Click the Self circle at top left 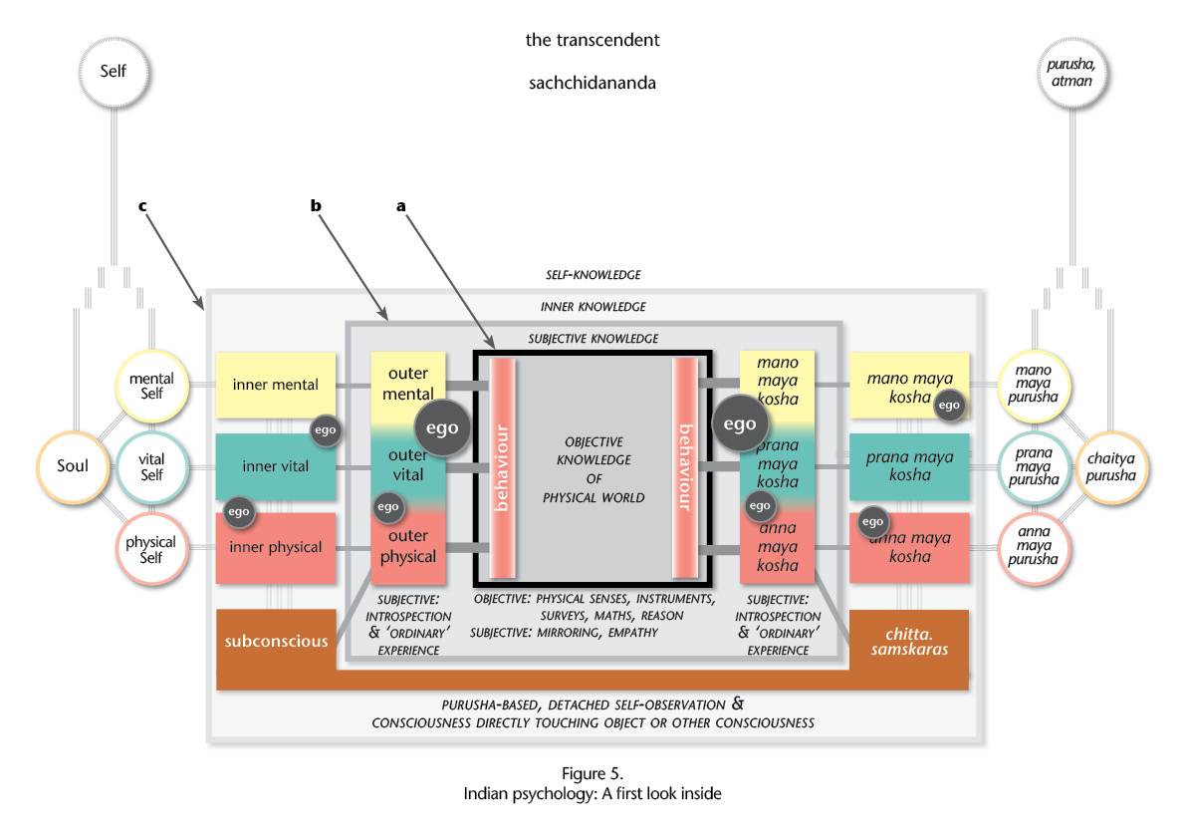pyautogui.click(x=114, y=72)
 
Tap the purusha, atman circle pyautogui.click(x=1071, y=73)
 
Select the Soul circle pyautogui.click(x=73, y=466)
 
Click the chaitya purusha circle pyautogui.click(x=1111, y=467)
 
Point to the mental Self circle pyautogui.click(x=151, y=386)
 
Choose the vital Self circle pyautogui.click(x=151, y=467)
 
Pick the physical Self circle pyautogui.click(x=151, y=549)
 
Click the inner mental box pyautogui.click(x=275, y=385)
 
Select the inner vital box pyautogui.click(x=275, y=466)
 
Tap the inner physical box pyautogui.click(x=275, y=548)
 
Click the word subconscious pyautogui.click(x=276, y=641)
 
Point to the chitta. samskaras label pyautogui.click(x=909, y=642)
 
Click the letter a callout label pyautogui.click(x=401, y=206)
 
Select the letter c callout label pyautogui.click(x=142, y=206)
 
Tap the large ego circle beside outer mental pyautogui.click(x=442, y=428)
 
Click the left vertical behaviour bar pyautogui.click(x=502, y=468)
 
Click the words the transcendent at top pyautogui.click(x=593, y=40)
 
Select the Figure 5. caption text pyautogui.click(x=593, y=774)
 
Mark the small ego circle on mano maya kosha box pyautogui.click(x=949, y=406)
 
